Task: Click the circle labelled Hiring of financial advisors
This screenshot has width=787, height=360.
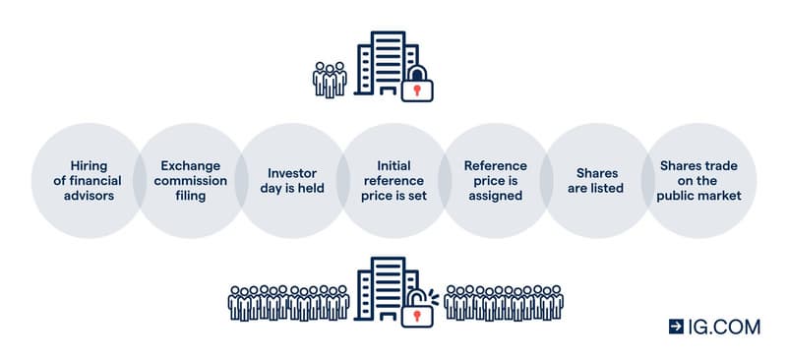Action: pyautogui.click(x=88, y=181)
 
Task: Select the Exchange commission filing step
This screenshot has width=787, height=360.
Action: pyautogui.click(x=190, y=181)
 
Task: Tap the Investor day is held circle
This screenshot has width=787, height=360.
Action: pyautogui.click(x=292, y=181)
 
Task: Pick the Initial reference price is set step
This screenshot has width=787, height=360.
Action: pyautogui.click(x=394, y=181)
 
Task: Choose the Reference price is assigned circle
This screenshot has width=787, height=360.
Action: pyautogui.click(x=496, y=181)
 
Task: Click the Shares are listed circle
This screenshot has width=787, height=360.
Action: pyautogui.click(x=597, y=181)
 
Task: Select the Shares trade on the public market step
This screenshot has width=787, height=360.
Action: pyautogui.click(x=699, y=181)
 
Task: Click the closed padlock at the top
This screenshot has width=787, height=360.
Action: pyautogui.click(x=417, y=84)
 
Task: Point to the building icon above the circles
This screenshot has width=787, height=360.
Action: pyautogui.click(x=387, y=63)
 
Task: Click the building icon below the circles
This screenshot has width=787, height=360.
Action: pyautogui.click(x=387, y=289)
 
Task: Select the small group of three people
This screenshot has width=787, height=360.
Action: pyautogui.click(x=330, y=80)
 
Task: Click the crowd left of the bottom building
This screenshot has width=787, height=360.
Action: pyautogui.click(x=288, y=303)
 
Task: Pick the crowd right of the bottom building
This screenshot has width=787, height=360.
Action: pyautogui.click(x=504, y=303)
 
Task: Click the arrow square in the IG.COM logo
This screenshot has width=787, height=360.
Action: pyautogui.click(x=676, y=327)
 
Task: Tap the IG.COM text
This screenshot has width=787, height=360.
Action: pyautogui.click(x=724, y=327)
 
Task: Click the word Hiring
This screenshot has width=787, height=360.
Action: pyautogui.click(x=89, y=166)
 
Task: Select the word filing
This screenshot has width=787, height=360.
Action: pyautogui.click(x=190, y=196)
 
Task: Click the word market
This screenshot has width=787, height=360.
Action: pyautogui.click(x=720, y=196)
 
